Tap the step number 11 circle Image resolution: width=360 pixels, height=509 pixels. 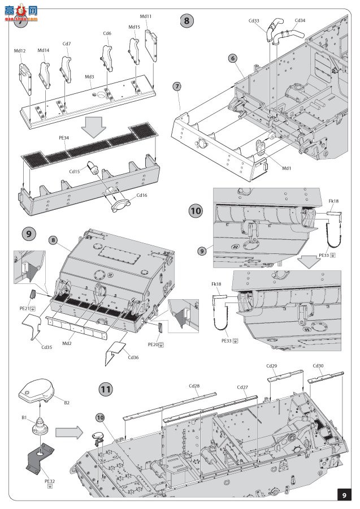(106, 390)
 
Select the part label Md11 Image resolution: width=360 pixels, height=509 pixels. (145, 16)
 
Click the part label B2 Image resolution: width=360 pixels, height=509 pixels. (67, 402)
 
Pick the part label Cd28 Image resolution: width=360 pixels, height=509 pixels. (194, 386)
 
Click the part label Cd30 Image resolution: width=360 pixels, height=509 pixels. (318, 366)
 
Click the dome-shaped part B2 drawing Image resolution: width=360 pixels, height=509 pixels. (40, 390)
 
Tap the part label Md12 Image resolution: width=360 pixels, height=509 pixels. (20, 51)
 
